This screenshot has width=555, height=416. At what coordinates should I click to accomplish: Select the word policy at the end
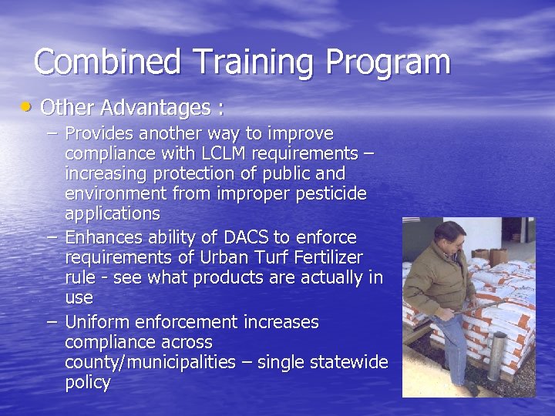pos(88,382)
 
